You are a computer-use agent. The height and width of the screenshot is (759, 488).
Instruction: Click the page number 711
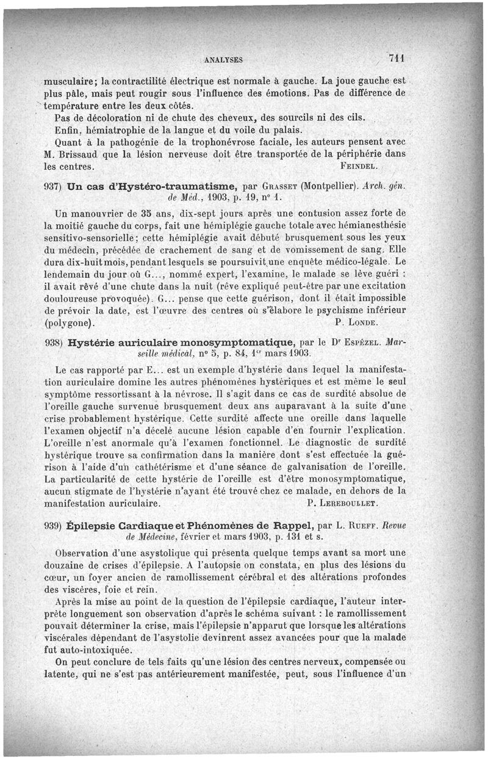[396, 59]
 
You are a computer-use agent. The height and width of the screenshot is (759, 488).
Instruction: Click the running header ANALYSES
[224, 60]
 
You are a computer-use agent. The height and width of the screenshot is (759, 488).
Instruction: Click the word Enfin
[66, 129]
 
